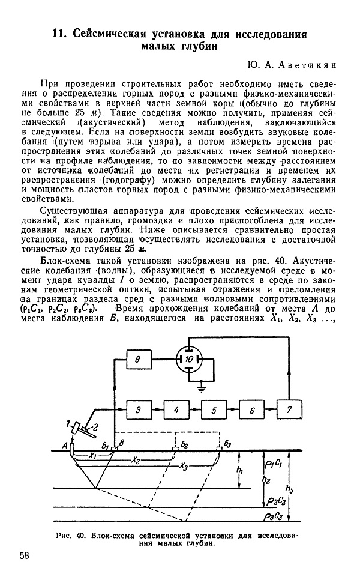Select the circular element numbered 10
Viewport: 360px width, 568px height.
tap(189, 359)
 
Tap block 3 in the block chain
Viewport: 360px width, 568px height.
tap(137, 410)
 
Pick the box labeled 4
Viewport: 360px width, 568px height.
tap(175, 410)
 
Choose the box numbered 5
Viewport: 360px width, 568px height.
tap(213, 410)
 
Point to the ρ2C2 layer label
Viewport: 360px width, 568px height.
tap(275, 501)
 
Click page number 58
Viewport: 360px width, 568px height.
tap(25, 555)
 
